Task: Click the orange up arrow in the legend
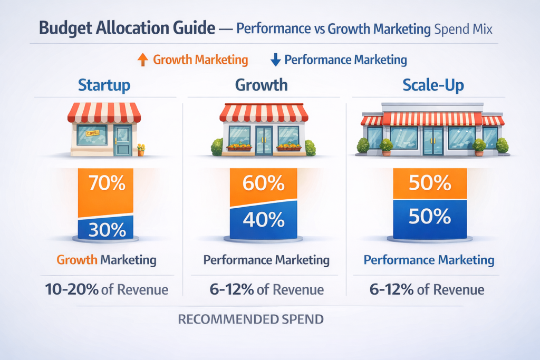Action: pyautogui.click(x=142, y=60)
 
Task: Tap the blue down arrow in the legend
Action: pyautogui.click(x=275, y=60)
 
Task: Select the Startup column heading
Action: pyautogui.click(x=104, y=85)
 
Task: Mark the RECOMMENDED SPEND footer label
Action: pyautogui.click(x=250, y=319)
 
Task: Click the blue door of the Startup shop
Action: pyautogui.click(x=123, y=140)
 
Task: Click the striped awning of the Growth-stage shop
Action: pyautogui.click(x=264, y=112)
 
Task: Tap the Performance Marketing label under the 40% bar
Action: pyautogui.click(x=266, y=260)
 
